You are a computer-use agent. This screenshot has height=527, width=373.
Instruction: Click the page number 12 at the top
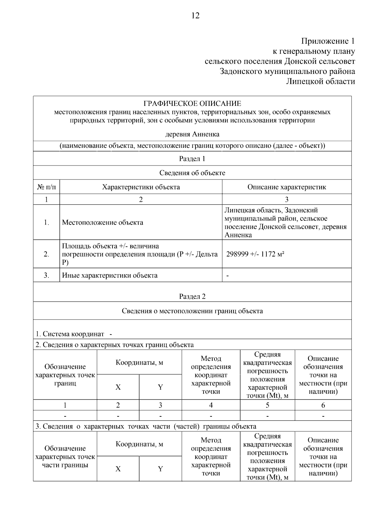tap(195, 16)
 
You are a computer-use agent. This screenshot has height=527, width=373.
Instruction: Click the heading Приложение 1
tap(328, 41)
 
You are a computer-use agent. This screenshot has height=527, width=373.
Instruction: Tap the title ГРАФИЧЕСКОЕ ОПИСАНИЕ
tap(192, 103)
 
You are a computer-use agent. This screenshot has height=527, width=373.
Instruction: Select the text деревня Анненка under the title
tap(192, 134)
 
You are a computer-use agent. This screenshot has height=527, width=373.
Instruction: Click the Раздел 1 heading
tap(192, 159)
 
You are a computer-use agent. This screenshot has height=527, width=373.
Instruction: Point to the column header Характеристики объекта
tap(141, 187)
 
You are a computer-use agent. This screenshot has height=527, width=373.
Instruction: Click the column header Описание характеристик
tap(287, 187)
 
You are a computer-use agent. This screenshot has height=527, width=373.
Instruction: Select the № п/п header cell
tap(46, 187)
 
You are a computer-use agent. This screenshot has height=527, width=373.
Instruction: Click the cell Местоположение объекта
tap(103, 222)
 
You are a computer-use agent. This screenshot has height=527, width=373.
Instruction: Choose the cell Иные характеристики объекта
tap(110, 275)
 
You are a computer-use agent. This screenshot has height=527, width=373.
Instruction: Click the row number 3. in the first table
tap(46, 275)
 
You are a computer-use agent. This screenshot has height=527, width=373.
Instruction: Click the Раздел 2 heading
tap(192, 296)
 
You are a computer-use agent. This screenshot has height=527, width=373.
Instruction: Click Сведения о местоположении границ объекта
tap(192, 311)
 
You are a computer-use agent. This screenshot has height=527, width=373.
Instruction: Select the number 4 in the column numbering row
tap(211, 405)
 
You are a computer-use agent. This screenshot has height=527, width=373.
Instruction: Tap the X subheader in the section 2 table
tap(118, 387)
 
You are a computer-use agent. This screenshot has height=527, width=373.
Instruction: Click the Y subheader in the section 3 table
tap(160, 469)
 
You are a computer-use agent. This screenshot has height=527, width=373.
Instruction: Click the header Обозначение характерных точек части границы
tap(65, 457)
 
